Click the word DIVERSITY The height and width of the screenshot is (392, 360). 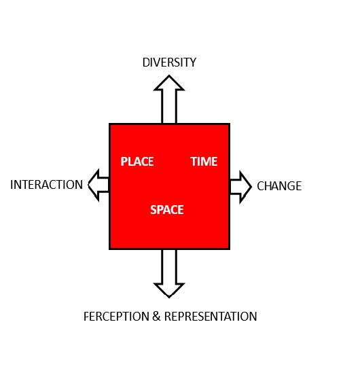[x=169, y=63]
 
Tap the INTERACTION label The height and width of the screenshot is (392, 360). [x=46, y=185]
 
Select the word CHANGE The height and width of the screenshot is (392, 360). [x=279, y=186]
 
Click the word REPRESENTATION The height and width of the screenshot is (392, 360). [x=211, y=317]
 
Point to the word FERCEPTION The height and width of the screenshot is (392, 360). [x=117, y=317]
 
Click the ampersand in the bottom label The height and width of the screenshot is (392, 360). [x=156, y=317]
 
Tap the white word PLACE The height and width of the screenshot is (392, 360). [x=137, y=162]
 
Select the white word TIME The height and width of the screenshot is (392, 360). [x=204, y=162]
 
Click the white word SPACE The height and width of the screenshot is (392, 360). [x=167, y=210]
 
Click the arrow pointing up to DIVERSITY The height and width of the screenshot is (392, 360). [x=169, y=100]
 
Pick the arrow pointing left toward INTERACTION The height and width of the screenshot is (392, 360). [x=98, y=185]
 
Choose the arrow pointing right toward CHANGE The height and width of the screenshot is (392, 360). [x=240, y=187]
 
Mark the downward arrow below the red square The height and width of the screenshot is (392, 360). [x=169, y=273]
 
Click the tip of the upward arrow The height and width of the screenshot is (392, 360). [x=169, y=75]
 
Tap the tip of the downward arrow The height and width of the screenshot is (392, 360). [x=169, y=298]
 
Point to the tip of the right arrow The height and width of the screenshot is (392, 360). [x=251, y=187]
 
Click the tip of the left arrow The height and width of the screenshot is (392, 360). [x=88, y=185]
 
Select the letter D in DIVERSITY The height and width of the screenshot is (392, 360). [x=146, y=63]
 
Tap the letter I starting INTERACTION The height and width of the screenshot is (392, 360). [x=12, y=185]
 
